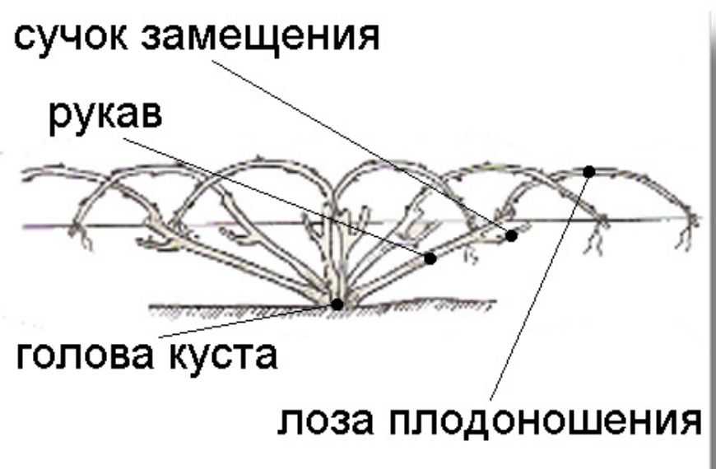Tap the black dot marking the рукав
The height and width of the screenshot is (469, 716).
click(x=430, y=258)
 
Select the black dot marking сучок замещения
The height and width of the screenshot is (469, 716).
click(x=511, y=235)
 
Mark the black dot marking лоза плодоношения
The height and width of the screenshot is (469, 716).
click(x=589, y=171)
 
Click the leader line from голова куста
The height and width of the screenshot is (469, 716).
click(x=247, y=321)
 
